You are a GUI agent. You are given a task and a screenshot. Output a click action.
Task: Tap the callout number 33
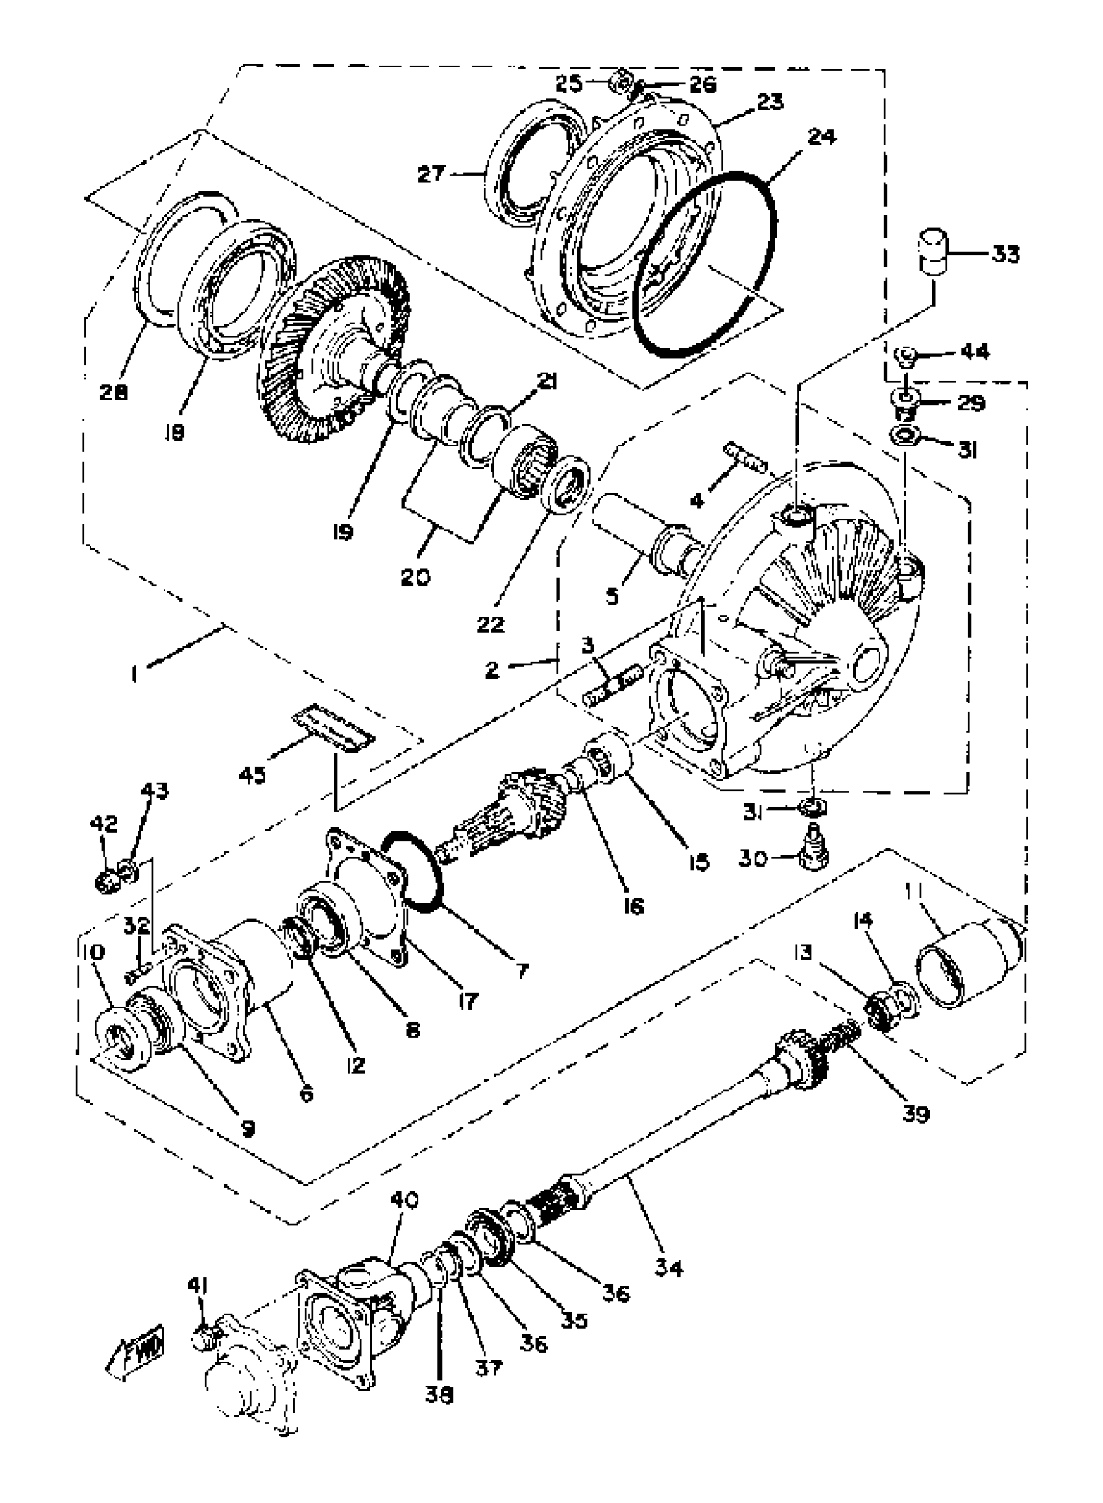pos(1005,254)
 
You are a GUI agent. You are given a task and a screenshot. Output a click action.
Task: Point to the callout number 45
pos(251,776)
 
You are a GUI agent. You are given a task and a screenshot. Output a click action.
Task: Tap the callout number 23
pos(769,102)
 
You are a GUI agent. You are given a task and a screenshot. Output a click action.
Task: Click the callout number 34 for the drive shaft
pos(668,1267)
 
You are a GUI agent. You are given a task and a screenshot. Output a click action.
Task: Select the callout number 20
pos(416,577)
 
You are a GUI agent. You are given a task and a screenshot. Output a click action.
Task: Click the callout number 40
pos(404,1201)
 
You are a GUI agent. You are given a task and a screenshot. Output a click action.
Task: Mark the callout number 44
pos(975,352)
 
